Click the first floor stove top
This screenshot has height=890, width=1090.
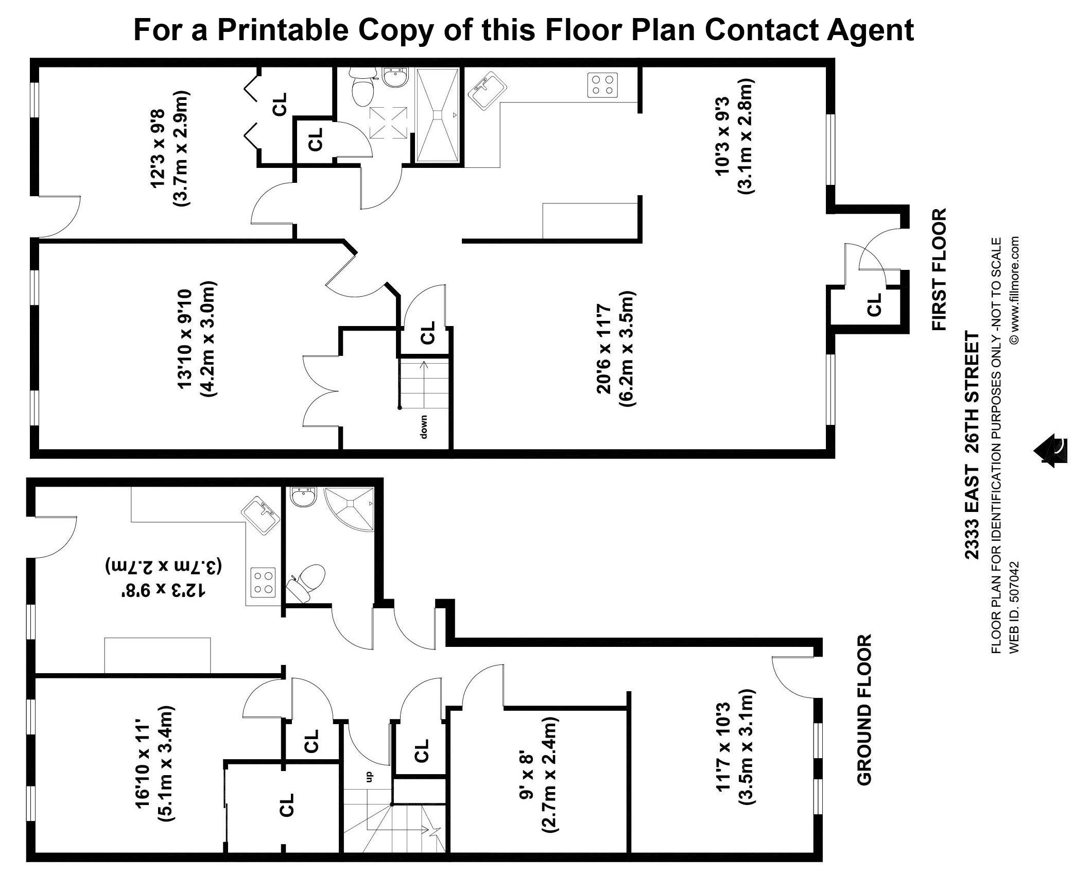602,85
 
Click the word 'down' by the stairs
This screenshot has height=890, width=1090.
424,426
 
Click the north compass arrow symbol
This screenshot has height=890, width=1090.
1051,451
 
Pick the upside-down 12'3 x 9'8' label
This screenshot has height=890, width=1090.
164,578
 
